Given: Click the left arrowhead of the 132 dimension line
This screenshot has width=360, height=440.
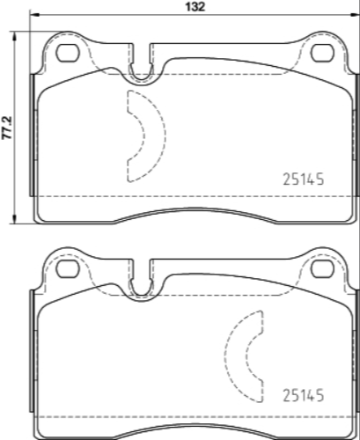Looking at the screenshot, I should point(36,18).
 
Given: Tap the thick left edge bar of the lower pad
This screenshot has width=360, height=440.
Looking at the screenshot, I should point(33,352).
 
